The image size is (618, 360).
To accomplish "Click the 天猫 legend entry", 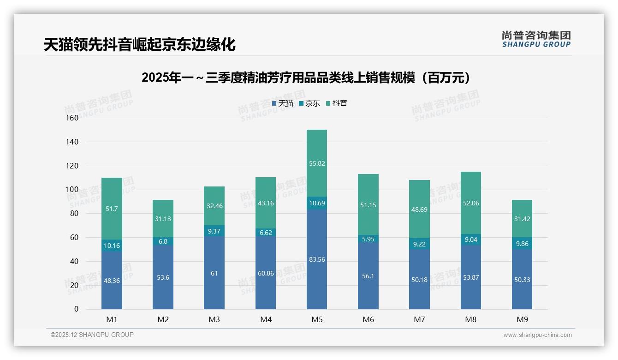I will [283, 103].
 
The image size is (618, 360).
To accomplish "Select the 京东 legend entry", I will [309, 103].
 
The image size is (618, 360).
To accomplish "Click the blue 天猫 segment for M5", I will [317, 277].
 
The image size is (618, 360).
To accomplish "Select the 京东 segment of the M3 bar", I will [214, 231].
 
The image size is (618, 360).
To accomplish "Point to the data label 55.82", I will [317, 163].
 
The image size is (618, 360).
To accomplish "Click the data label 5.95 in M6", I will [368, 239].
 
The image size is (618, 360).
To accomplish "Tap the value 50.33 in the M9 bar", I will [522, 280].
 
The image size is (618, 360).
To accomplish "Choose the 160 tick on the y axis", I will [72, 118].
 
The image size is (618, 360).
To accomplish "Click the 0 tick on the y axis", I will [76, 309].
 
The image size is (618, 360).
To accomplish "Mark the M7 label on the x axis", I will [419, 319].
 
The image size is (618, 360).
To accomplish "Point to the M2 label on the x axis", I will [163, 319].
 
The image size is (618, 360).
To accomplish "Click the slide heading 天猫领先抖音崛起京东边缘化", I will [139, 45].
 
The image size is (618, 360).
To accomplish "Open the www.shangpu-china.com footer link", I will [537, 335].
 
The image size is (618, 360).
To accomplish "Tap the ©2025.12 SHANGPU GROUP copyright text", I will [92, 335].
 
